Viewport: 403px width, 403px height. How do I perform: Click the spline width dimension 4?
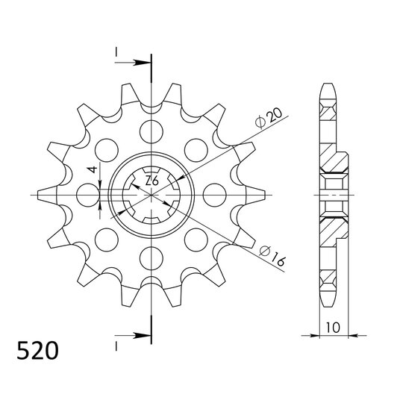[92, 171]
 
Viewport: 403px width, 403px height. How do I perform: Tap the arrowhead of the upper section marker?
[144, 62]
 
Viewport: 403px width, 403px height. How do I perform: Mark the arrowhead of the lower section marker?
[144, 334]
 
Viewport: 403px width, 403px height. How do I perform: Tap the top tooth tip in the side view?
[328, 84]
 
